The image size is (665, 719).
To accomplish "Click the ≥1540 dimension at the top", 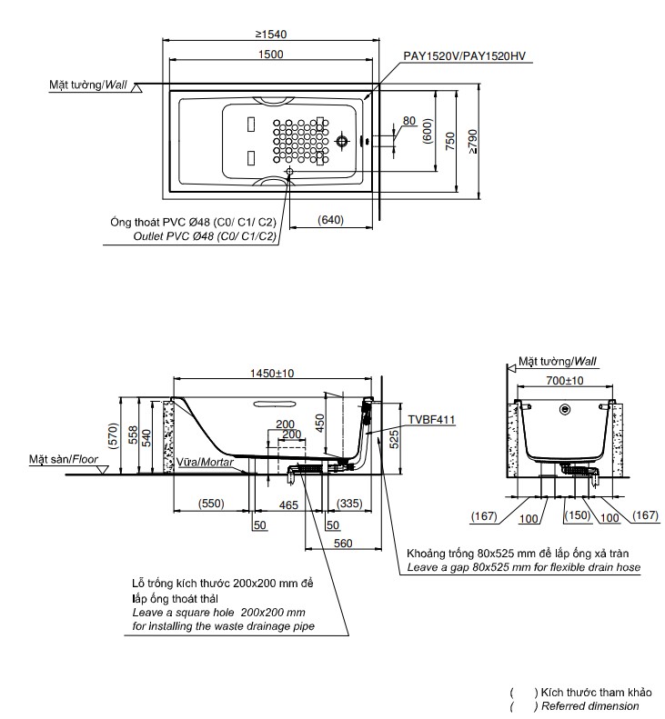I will [272, 34].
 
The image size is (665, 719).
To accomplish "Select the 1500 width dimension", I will [270, 55].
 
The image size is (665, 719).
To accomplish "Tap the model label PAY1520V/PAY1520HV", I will [467, 55].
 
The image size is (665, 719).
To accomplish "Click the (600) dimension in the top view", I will [427, 132].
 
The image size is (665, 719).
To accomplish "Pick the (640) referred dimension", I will [331, 220].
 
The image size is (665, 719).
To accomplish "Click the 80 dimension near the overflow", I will [408, 120].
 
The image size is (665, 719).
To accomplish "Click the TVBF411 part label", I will [430, 420].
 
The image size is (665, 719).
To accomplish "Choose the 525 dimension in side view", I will [393, 441].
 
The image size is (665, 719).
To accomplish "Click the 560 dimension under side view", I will [342, 544].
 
